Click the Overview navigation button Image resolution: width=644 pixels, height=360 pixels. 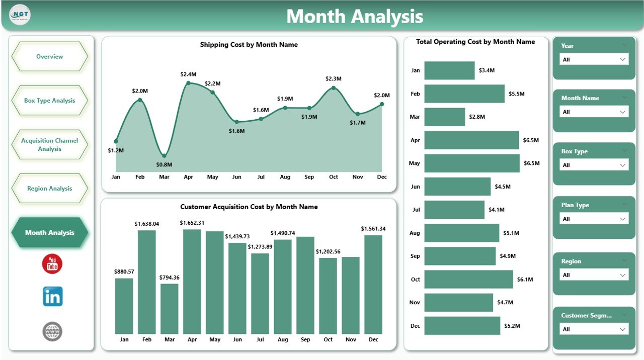tap(49, 57)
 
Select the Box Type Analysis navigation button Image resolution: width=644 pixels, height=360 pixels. tap(49, 101)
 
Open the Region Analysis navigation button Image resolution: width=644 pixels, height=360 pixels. tap(49, 189)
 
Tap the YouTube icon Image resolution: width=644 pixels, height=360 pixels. tap(52, 264)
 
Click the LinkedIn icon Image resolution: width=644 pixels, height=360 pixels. tap(52, 297)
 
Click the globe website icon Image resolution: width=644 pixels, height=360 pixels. tap(52, 331)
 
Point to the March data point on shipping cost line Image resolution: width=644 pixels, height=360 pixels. tap(164, 156)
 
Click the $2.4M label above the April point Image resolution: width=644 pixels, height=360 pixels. tap(188, 74)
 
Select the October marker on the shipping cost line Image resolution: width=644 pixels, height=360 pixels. tap(333, 88)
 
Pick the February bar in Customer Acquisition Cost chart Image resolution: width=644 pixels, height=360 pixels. tap(147, 282)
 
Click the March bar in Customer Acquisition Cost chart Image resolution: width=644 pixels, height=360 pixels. tap(170, 308)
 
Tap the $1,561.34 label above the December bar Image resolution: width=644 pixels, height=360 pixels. tap(373, 229)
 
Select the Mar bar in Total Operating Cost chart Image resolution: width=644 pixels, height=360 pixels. tap(444, 117)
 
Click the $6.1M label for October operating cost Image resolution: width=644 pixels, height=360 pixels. tap(526, 280)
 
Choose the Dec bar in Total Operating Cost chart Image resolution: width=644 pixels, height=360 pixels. tap(462, 325)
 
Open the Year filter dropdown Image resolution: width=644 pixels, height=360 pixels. tap(594, 59)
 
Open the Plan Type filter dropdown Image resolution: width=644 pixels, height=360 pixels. tap(594, 219)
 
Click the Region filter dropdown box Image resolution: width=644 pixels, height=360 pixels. tap(594, 275)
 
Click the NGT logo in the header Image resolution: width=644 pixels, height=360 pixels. tap(20, 15)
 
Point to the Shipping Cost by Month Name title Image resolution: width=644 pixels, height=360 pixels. tap(249, 45)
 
